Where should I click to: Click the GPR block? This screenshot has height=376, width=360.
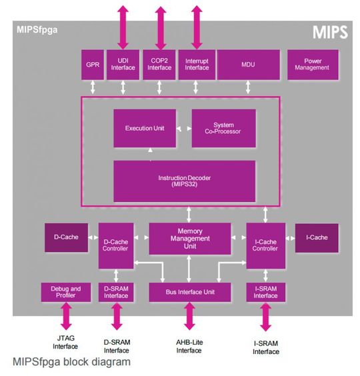[x=93, y=64]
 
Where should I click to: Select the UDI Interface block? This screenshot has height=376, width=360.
[x=123, y=64]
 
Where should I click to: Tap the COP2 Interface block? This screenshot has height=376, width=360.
[x=160, y=64]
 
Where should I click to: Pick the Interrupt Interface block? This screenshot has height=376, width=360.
[x=197, y=64]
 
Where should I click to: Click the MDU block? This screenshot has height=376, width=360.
[x=248, y=64]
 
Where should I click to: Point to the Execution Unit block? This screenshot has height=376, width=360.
[x=144, y=128]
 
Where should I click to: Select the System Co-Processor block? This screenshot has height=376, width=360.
[x=223, y=128]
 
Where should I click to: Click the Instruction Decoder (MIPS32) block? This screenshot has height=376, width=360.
[x=185, y=181]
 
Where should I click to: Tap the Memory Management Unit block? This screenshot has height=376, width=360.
[x=190, y=238]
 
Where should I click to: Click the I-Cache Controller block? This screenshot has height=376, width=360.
[x=265, y=245]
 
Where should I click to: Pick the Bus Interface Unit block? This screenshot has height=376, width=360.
[x=189, y=291]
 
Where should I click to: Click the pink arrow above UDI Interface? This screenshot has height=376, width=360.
[x=123, y=24]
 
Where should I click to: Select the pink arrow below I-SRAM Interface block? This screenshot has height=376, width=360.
[x=265, y=316]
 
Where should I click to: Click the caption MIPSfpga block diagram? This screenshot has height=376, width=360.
[x=71, y=362]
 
